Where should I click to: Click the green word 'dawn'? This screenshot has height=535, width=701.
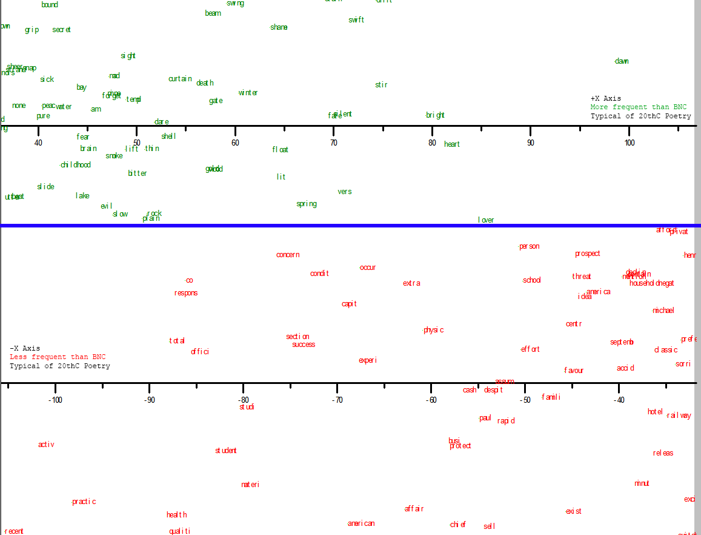pyautogui.click(x=622, y=61)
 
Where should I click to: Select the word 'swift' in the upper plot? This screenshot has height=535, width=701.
pyautogui.click(x=356, y=20)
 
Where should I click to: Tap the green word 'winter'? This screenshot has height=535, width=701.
pyautogui.click(x=248, y=93)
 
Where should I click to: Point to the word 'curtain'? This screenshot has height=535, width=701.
pyautogui.click(x=180, y=79)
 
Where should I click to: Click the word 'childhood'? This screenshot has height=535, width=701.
pyautogui.click(x=76, y=165)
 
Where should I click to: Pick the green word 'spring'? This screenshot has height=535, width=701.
pyautogui.click(x=307, y=204)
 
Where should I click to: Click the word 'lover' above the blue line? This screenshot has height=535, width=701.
pyautogui.click(x=486, y=220)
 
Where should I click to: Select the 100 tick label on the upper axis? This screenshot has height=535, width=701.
pyautogui.click(x=630, y=143)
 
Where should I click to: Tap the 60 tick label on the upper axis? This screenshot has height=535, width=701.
pyautogui.click(x=235, y=143)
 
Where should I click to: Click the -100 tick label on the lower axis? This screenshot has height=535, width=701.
pyautogui.click(x=55, y=400)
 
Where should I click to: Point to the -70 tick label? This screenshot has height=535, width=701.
pyautogui.click(x=337, y=400)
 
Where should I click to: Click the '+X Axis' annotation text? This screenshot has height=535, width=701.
pyautogui.click(x=606, y=98)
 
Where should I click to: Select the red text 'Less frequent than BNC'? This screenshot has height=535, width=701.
pyautogui.click(x=58, y=357)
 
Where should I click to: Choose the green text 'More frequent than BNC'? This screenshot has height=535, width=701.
pyautogui.click(x=639, y=107)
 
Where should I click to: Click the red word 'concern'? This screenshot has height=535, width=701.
pyautogui.click(x=288, y=255)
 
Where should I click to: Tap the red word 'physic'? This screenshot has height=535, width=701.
pyautogui.click(x=434, y=330)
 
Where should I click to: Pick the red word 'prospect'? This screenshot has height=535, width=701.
pyautogui.click(x=588, y=254)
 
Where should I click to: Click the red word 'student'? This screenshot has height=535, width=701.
pyautogui.click(x=226, y=451)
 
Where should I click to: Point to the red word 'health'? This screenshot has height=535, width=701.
pyautogui.click(x=177, y=515)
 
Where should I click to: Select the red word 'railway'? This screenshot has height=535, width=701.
pyautogui.click(x=679, y=416)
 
